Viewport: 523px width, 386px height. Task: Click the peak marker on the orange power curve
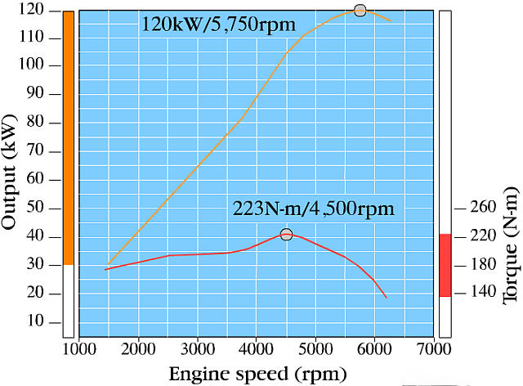[360, 10]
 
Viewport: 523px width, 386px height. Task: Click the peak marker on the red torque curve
[286, 235]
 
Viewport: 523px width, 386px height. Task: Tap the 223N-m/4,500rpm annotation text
[314, 209]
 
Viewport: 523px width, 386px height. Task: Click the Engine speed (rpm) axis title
[257, 374]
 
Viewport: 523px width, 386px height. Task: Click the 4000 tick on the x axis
[257, 349]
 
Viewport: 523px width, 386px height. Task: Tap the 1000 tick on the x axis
[79, 349]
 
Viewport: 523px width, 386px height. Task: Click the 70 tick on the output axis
[45, 151]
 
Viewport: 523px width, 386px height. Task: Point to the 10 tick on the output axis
[45, 321]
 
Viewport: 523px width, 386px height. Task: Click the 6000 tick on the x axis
[374, 349]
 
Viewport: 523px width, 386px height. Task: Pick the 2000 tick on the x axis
[138, 349]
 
